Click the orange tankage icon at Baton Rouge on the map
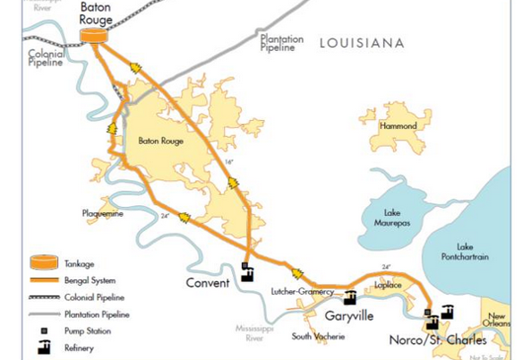pos(93,36)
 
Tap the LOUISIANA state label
pos(362,43)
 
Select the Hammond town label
pos(398,126)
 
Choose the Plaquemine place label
pos(102,214)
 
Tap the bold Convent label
pos(209,284)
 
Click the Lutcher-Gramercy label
pos(302,292)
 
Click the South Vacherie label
pos(318,337)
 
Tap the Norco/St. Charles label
pos(438,340)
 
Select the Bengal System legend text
pos(92,281)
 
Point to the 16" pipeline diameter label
pos(228,162)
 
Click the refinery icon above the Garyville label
pos(350,296)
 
